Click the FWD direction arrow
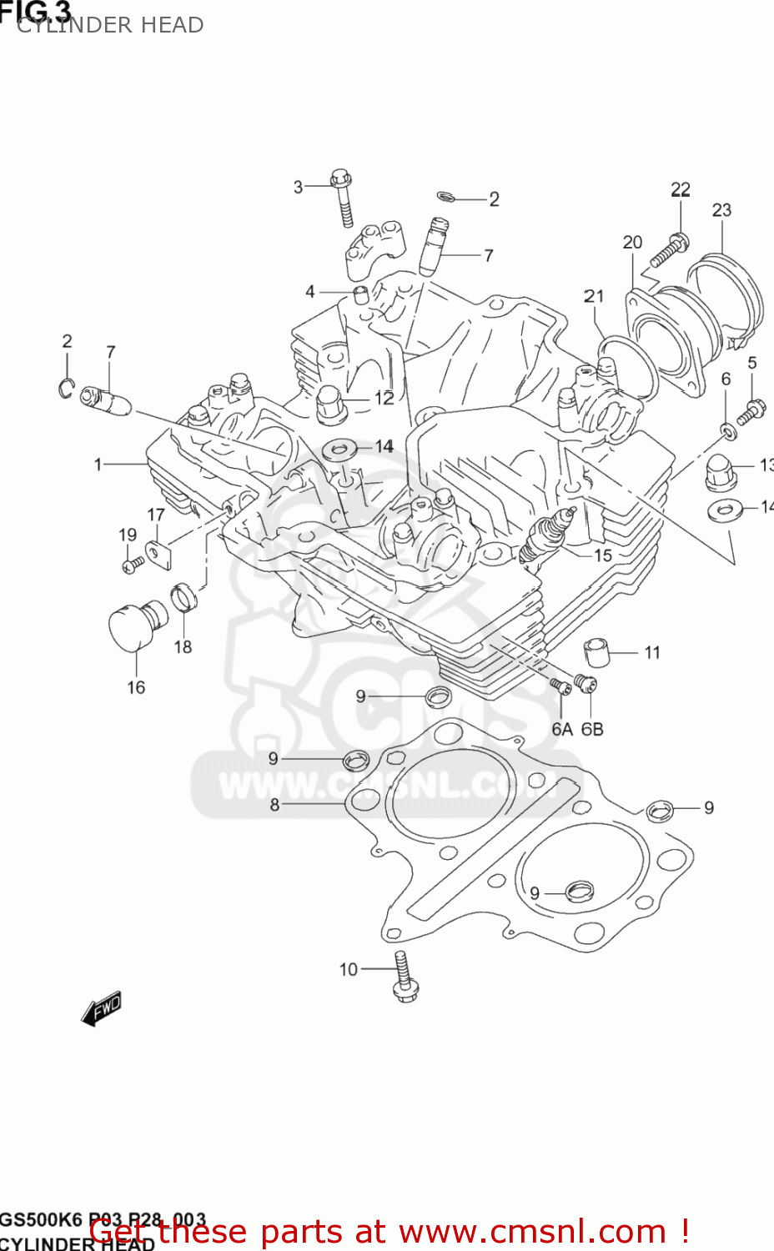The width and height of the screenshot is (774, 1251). click(x=102, y=1008)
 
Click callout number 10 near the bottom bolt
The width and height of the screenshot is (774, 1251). click(x=348, y=969)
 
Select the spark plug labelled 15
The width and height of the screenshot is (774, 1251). click(x=545, y=534)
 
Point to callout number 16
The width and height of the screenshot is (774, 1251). click(x=136, y=687)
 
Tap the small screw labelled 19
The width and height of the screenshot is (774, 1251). click(x=132, y=565)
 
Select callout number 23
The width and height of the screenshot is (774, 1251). click(x=721, y=210)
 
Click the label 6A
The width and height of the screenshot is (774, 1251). click(x=561, y=729)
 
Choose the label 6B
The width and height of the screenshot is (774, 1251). click(x=592, y=729)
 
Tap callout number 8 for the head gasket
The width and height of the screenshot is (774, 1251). click(x=274, y=805)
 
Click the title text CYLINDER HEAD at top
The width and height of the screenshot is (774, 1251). click(x=110, y=25)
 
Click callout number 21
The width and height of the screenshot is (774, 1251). click(x=594, y=296)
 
